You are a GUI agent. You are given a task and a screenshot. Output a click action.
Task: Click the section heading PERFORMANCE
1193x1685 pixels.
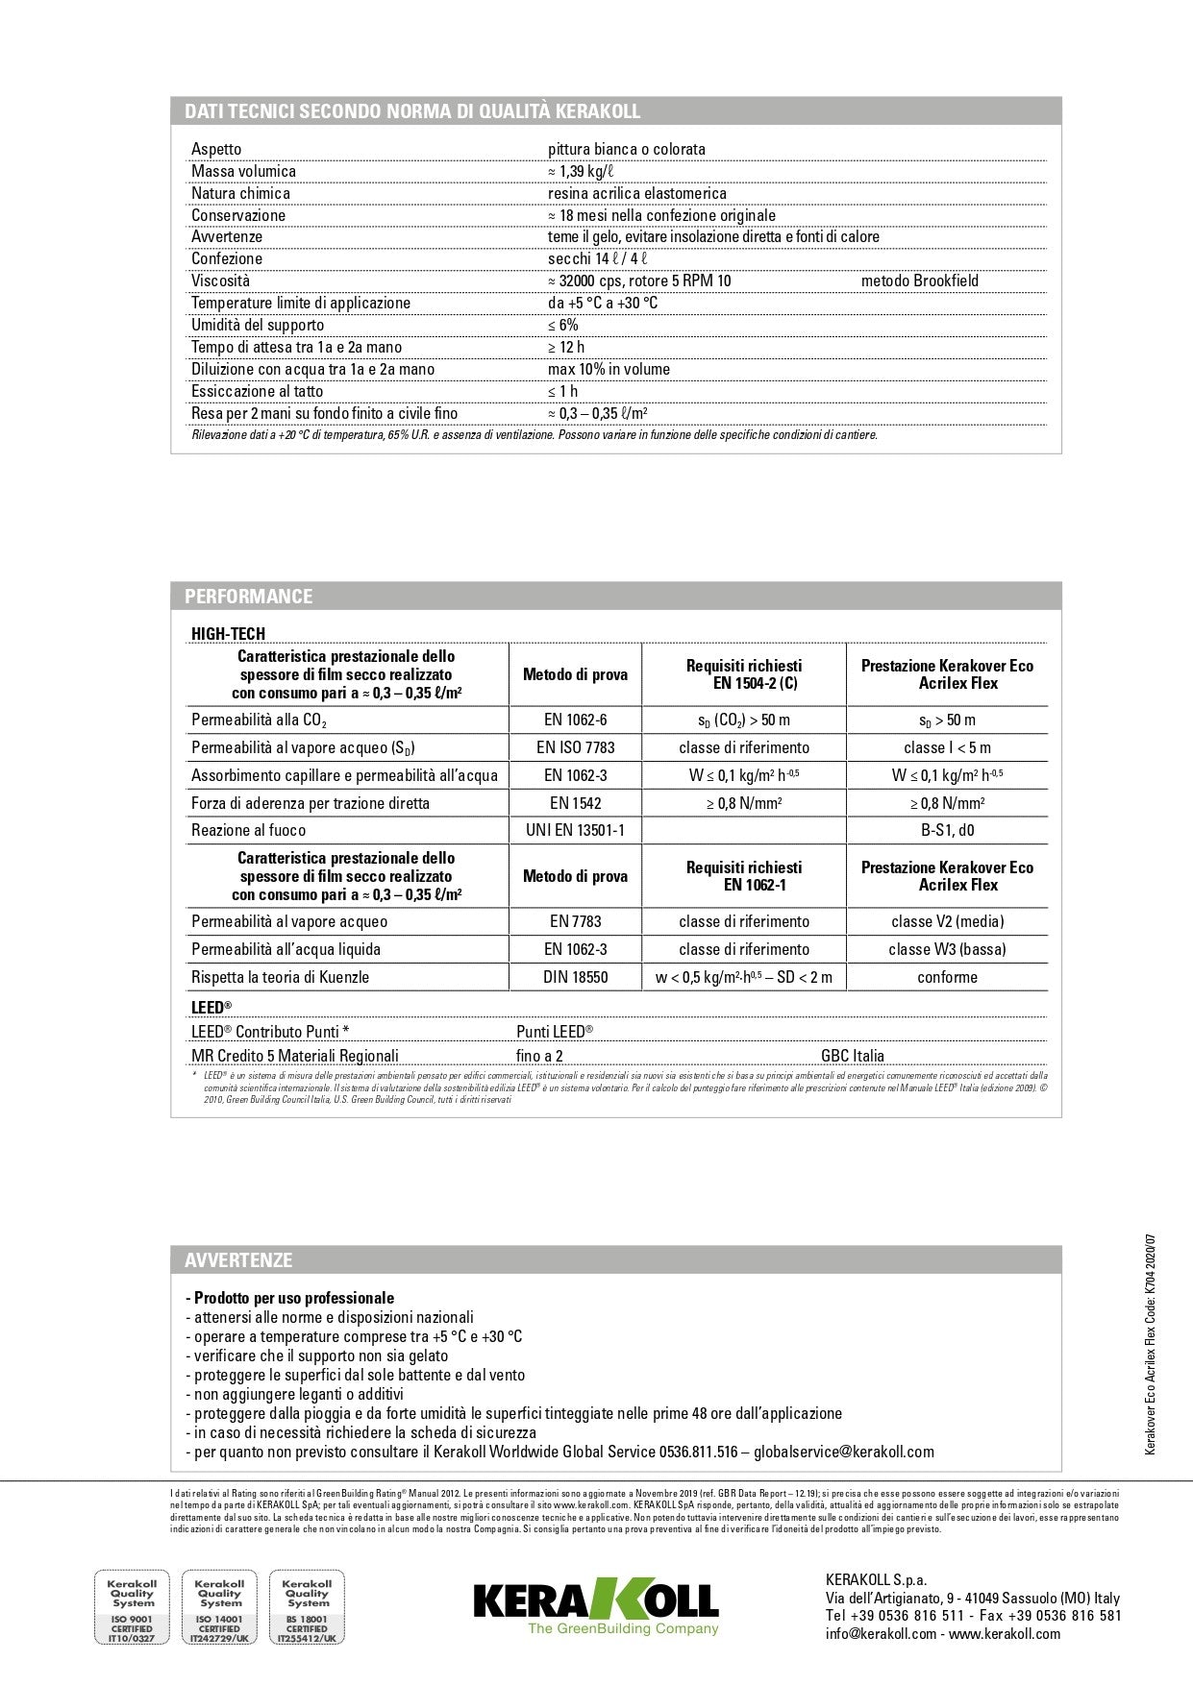pos(248,596)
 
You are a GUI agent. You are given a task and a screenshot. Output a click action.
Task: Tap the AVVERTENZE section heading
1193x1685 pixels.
pos(238,1259)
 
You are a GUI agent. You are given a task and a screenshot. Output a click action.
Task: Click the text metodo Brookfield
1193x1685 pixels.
pos(919,281)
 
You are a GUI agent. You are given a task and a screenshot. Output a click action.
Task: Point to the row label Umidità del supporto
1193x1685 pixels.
pos(258,325)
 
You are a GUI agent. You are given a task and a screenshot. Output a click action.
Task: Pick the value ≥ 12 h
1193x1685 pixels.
pos(566,347)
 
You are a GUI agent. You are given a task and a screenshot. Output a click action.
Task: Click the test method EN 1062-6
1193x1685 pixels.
pos(575,720)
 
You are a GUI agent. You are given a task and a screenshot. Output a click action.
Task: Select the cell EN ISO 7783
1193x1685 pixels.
pos(575,747)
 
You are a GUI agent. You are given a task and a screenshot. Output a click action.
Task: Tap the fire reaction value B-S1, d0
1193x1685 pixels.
pos(947,830)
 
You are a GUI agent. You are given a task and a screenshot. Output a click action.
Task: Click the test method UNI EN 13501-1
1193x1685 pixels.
pos(575,830)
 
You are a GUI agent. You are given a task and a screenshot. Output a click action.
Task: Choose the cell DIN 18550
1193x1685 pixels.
pos(575,977)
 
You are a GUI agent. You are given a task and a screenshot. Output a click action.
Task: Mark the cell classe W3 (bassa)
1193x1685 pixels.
pos(947,949)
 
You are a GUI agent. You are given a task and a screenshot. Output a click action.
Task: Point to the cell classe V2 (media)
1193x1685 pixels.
pos(947,921)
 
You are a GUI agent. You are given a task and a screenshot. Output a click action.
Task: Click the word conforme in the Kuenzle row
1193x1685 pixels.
pos(947,977)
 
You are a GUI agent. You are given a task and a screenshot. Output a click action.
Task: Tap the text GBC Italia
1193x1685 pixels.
pos(853,1055)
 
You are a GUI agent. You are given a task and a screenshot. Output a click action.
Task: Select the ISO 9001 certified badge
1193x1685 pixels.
pos(132,1607)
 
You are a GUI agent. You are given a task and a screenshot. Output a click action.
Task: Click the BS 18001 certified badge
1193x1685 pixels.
pos(307,1607)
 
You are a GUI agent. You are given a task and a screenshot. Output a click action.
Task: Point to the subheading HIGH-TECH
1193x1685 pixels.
pos(228,633)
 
